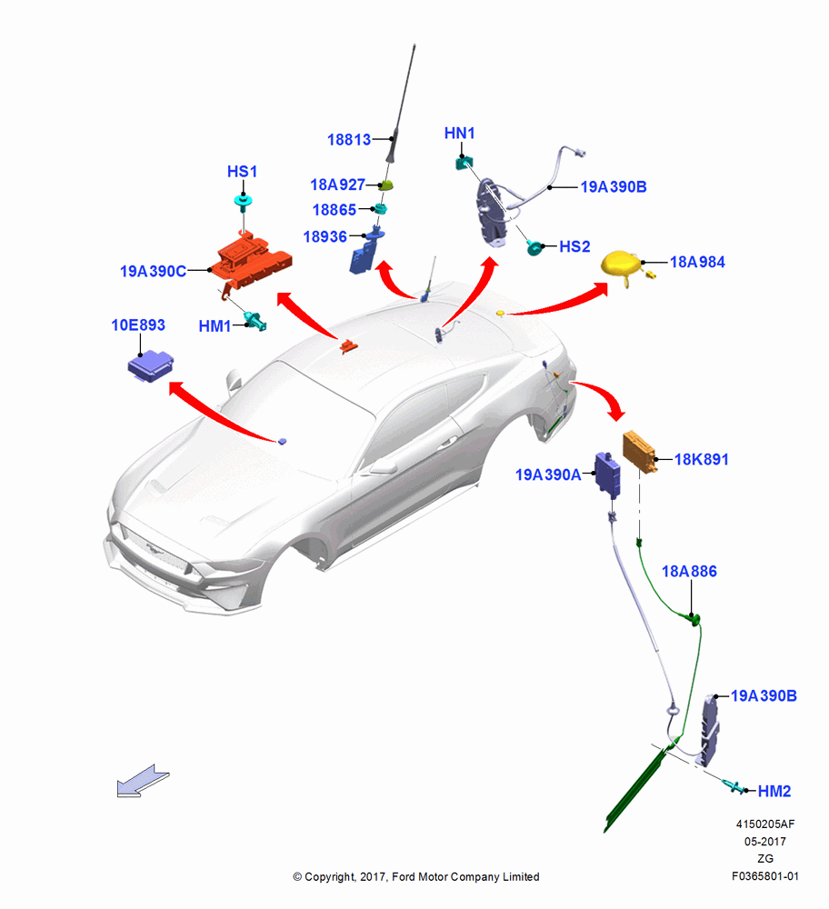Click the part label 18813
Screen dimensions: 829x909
[349, 140]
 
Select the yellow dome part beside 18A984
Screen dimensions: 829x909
[621, 264]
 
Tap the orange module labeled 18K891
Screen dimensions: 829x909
[639, 451]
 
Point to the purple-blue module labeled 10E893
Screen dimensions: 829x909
[150, 365]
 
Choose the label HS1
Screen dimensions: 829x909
[242, 172]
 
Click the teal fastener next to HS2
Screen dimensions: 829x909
[534, 247]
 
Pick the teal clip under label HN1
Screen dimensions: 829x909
[464, 163]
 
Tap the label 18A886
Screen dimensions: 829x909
[689, 572]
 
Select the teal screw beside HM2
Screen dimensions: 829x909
[734, 786]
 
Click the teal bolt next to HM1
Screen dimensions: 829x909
[255, 321]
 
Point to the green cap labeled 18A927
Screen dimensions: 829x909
[386, 185]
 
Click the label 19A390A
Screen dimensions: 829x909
[548, 474]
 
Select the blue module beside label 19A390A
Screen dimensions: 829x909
[608, 475]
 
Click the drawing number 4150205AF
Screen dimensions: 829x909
[765, 824]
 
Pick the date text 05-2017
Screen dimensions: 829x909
[765, 841]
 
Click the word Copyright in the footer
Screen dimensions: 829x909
[329, 877]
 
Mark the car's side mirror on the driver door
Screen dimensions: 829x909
[382, 465]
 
